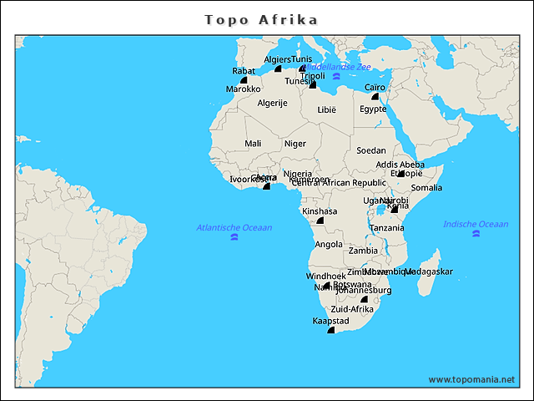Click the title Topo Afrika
coord(261,18)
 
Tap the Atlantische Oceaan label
coord(234,227)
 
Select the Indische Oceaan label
coord(476,224)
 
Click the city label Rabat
coord(244,71)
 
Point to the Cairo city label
coord(375,87)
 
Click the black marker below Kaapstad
coord(330,331)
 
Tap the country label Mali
coord(253,144)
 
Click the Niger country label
coord(295,144)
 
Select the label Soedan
coord(371,151)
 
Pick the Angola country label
coord(329,245)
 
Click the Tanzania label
coord(387,228)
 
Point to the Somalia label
coord(427,188)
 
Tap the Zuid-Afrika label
coord(352,310)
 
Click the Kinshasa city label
coord(320,211)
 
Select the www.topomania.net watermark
coord(471,379)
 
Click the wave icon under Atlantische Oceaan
coord(234,238)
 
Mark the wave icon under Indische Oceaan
coord(476,235)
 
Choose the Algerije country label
coord(272,103)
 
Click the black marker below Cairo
coord(375,97)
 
